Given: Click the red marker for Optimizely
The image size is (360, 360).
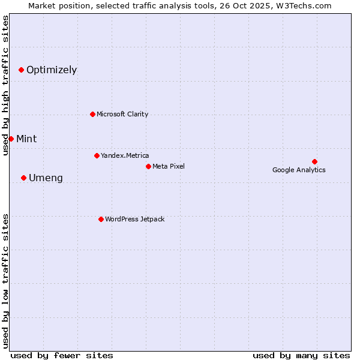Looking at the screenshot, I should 21,70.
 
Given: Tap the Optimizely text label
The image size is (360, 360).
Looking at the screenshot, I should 52,70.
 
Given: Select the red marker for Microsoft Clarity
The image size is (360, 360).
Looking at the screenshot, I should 92,114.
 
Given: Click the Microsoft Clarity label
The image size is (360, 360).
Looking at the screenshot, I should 122,114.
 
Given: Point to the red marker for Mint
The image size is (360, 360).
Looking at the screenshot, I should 11,139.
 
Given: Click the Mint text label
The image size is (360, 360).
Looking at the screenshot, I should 26,139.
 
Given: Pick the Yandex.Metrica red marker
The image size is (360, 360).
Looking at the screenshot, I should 97,155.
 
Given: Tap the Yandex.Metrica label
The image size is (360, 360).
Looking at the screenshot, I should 125,155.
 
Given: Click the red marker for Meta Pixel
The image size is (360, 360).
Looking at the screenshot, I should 148,166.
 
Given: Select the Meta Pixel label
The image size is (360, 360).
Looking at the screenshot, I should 169,166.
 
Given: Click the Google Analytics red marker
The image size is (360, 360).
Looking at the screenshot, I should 314,161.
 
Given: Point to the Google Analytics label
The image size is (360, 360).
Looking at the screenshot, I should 299,170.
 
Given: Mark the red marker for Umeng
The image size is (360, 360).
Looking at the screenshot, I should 23,178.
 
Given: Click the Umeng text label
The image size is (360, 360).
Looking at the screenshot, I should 46,178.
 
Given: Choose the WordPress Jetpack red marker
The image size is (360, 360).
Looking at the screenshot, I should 101,219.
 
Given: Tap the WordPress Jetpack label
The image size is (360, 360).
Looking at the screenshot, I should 134,219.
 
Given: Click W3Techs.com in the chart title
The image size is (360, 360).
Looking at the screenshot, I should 310,5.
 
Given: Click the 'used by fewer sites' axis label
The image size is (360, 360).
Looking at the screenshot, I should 62,355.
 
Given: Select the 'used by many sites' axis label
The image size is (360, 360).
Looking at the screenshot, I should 301,355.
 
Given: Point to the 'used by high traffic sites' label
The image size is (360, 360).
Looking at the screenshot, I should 5,85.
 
